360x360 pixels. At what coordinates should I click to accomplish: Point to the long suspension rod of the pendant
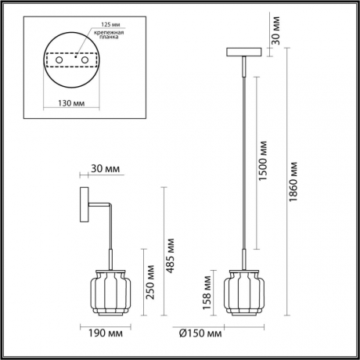(243, 157)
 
